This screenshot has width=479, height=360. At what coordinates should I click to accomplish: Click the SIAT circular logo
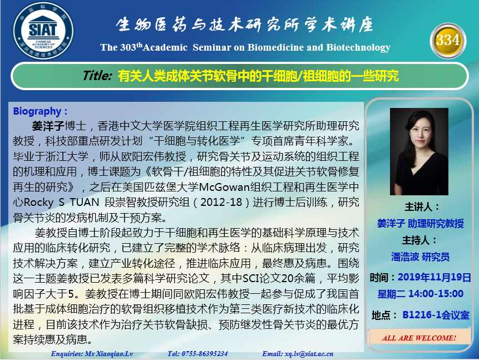[43, 31]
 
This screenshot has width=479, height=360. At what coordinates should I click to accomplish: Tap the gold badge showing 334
[448, 41]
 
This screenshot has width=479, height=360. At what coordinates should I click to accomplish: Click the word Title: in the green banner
[97, 76]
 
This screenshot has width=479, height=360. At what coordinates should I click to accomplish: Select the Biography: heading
[40, 111]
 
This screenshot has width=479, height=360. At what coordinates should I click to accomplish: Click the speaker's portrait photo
[419, 151]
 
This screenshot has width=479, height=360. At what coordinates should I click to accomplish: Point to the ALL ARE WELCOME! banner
[419, 338]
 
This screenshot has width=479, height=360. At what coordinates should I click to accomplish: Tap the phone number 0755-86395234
[205, 354]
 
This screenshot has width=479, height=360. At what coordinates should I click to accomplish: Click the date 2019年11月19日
[434, 277]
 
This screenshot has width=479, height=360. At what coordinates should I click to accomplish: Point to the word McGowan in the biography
[224, 187]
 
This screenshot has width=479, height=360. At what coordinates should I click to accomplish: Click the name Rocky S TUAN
[61, 203]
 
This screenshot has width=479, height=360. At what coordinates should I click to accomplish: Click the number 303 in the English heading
[128, 47]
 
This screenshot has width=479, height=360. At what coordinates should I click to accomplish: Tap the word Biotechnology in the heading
[358, 48]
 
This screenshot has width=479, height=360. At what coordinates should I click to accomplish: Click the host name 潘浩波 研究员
[421, 257]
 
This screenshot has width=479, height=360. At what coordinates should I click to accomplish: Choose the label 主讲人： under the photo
[422, 207]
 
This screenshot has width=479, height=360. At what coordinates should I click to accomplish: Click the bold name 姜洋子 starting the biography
[48, 126]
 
